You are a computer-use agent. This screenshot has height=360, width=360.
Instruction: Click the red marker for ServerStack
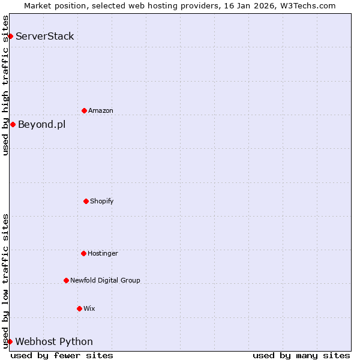coord(10,36)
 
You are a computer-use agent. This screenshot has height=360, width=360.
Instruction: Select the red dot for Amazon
coord(84,110)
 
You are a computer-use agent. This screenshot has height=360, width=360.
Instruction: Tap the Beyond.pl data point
coord(13,124)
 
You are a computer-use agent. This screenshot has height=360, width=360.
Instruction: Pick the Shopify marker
coord(86,201)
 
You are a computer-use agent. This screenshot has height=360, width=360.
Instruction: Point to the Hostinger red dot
coord(83,253)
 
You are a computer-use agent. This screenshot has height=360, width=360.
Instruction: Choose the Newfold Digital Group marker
coord(66,280)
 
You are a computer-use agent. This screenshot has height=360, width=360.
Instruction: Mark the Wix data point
coord(79,308)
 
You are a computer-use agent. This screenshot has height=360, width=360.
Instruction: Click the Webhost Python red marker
coord(10,341)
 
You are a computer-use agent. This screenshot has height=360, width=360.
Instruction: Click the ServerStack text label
coord(45,36)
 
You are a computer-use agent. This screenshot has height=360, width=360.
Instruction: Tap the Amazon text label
coord(101,110)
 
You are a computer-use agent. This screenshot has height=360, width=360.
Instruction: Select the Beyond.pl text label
coord(42,124)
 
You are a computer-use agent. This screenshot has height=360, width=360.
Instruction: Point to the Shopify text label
coord(102,201)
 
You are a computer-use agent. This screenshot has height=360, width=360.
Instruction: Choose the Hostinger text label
coord(103,253)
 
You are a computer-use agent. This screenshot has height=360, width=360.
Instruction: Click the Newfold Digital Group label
coord(105,280)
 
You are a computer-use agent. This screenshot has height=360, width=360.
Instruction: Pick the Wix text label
coord(89,308)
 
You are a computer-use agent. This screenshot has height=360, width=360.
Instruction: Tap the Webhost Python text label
coord(54,341)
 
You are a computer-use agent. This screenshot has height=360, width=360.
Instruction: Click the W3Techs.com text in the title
coord(306,5)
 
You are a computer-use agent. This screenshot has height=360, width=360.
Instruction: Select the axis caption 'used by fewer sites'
coord(62,355)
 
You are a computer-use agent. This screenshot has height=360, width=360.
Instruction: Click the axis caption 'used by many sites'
coord(301,355)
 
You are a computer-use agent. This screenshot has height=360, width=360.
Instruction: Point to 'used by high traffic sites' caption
coord(5,85)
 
